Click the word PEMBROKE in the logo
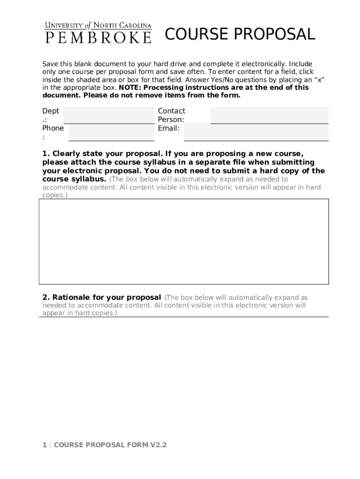click(98, 37)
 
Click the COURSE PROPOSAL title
click(240, 35)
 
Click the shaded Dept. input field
click(108, 115)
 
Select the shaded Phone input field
click(111, 132)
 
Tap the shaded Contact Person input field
click(269, 115)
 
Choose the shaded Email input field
click(256, 132)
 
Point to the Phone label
click(53, 128)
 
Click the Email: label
click(169, 128)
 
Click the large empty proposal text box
click(183, 241)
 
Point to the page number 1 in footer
click(44, 445)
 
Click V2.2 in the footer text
click(158, 445)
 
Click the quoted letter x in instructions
click(319, 80)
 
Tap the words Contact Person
click(171, 115)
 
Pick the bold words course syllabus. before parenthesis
click(74, 179)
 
